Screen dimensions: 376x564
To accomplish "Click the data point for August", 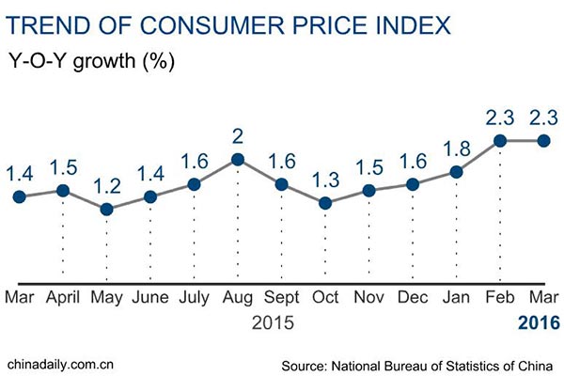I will click(x=238, y=160).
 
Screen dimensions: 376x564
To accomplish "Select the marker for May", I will click(x=106, y=209).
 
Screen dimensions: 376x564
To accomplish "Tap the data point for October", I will click(x=325, y=202).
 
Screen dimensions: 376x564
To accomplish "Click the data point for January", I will click(x=457, y=172).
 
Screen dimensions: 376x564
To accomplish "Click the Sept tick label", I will click(x=281, y=299).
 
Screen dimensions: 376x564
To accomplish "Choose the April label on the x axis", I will click(x=63, y=299).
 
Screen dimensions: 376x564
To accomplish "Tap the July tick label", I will click(x=194, y=299).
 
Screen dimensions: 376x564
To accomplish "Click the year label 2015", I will click(x=274, y=323).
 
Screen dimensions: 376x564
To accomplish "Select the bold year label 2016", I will click(x=539, y=323).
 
